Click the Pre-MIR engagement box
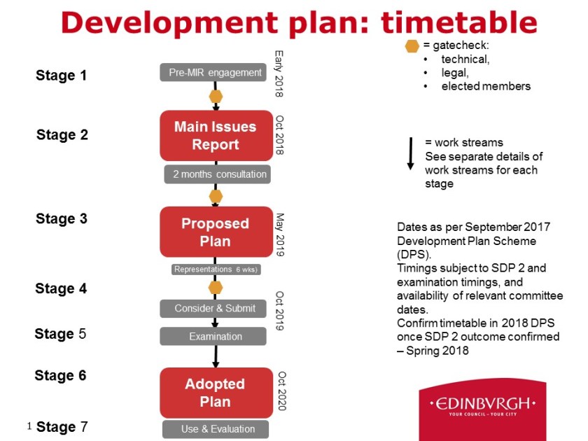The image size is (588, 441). click(x=213, y=72)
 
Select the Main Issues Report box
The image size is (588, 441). click(x=216, y=136)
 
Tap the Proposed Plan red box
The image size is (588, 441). click(x=216, y=232)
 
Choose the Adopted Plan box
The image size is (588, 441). click(x=216, y=393)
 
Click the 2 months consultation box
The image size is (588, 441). click(x=218, y=174)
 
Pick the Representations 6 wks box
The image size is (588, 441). click(x=216, y=269)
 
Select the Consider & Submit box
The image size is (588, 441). click(x=213, y=309)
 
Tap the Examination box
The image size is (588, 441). click(x=213, y=337)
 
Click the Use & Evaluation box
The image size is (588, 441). click(x=216, y=429)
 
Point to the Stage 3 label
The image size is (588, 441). click(x=62, y=218)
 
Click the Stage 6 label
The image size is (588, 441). click(x=60, y=375)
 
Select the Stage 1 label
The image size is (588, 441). click(x=61, y=76)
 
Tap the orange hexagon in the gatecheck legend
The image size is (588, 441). click(x=412, y=46)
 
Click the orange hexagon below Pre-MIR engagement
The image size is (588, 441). click(x=216, y=97)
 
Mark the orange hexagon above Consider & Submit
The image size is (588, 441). click(x=216, y=288)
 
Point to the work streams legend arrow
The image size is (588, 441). click(x=411, y=154)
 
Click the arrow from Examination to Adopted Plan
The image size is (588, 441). click(x=216, y=356)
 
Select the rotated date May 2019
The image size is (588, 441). click(x=280, y=234)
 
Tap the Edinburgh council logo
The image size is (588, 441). click(x=482, y=409)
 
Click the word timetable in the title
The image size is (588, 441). click(x=459, y=22)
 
